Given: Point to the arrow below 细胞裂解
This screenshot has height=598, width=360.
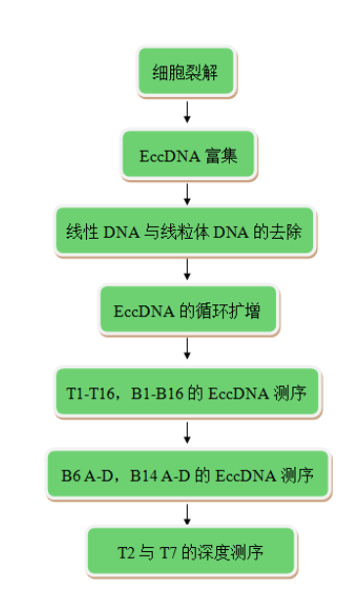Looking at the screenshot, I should click(x=186, y=111).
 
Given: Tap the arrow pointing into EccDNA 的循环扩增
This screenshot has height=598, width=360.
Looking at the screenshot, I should click(x=186, y=270).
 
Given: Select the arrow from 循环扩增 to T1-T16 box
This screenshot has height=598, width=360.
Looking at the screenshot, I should click(x=186, y=350).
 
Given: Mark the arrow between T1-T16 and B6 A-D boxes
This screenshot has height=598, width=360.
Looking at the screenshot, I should click(x=186, y=432).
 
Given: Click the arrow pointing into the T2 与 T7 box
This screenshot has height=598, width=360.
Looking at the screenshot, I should click(x=186, y=513).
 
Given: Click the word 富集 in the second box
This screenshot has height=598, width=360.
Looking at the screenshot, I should click(x=222, y=154).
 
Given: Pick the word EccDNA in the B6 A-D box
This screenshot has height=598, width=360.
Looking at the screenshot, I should click(x=244, y=475).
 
